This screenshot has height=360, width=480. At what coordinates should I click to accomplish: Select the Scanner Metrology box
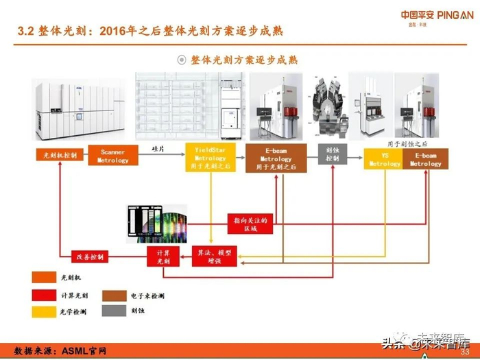pos(112,156)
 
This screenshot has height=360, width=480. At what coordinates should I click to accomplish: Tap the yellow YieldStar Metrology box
pos(211,157)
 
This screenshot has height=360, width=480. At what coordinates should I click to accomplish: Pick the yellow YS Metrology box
pos(385,159)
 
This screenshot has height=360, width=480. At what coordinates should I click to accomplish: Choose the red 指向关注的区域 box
pos(250,224)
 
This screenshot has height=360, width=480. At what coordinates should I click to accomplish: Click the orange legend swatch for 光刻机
pos(41,278)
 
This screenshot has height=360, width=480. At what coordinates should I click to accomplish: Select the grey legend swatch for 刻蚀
pos(111,310)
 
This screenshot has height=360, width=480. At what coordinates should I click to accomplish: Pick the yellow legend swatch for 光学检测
pos(41,311)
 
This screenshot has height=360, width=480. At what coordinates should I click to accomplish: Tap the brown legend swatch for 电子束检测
pos(111,295)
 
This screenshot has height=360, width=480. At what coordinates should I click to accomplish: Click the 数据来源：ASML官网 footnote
pos(61,350)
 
